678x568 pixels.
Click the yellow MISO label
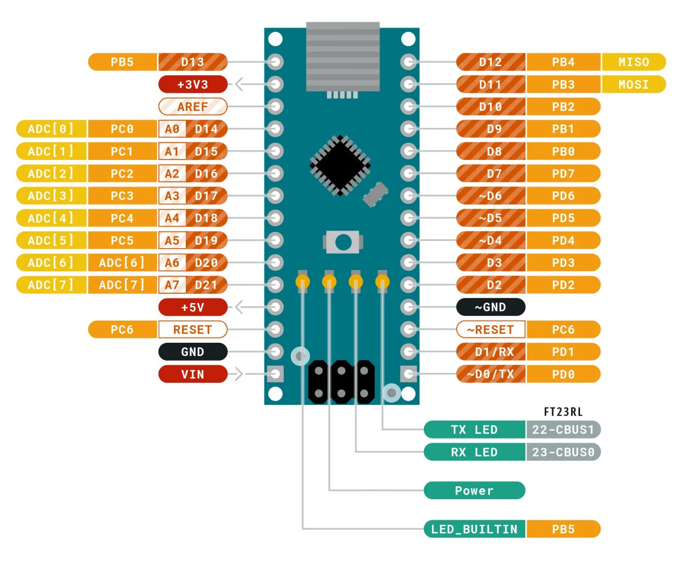(x=633, y=62)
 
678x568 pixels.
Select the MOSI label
(x=633, y=84)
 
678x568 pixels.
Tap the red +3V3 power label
(x=192, y=84)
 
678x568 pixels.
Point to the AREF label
(x=192, y=106)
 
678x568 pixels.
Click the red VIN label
(x=192, y=374)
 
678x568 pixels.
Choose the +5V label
(x=192, y=307)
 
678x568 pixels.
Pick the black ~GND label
(x=490, y=307)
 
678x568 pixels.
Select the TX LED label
(x=474, y=429)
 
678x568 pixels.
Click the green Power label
(x=474, y=490)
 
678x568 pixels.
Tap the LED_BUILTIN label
(x=474, y=529)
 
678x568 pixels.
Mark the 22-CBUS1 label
(x=563, y=429)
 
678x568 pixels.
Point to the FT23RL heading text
(x=563, y=412)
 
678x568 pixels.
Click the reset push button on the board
(x=343, y=242)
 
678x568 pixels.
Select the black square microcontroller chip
(x=340, y=165)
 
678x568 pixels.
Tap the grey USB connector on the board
(x=343, y=56)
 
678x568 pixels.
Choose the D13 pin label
(x=192, y=62)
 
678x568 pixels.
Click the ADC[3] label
(x=51, y=196)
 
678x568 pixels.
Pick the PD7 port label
(x=563, y=174)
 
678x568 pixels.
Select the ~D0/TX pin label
(x=490, y=374)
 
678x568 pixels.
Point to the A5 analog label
(x=172, y=240)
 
